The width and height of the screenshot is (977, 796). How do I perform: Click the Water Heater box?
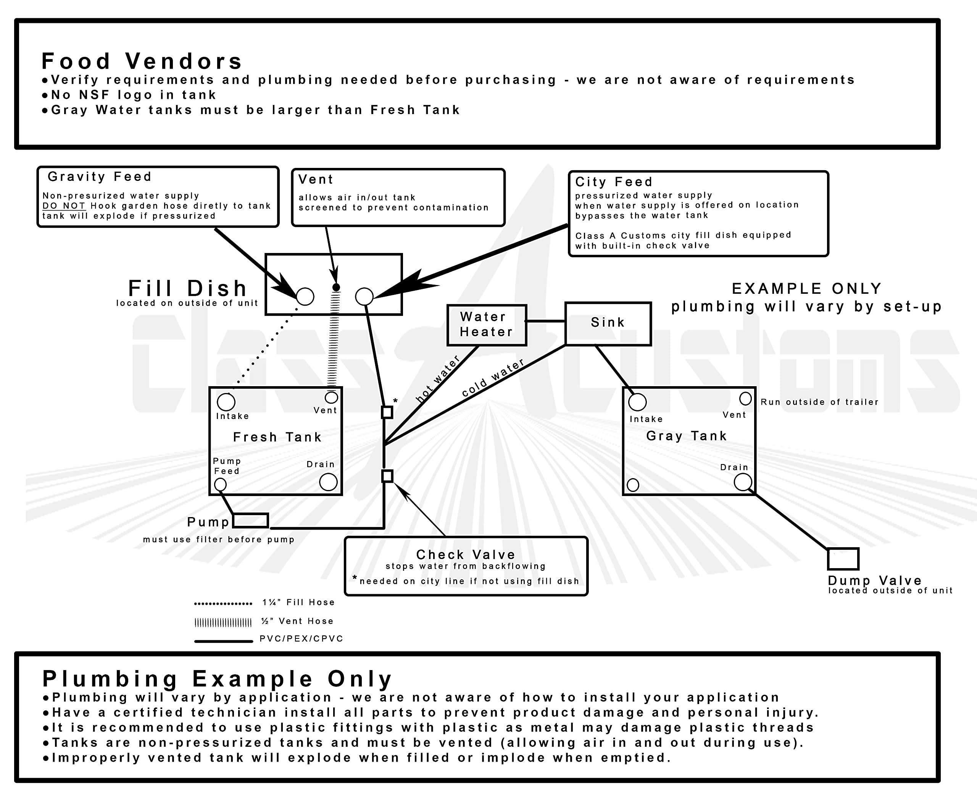tap(487, 325)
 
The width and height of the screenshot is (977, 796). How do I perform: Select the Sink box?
tap(608, 323)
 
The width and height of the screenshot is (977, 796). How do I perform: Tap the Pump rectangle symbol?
tap(250, 520)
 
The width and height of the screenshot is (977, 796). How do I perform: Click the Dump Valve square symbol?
tap(843, 559)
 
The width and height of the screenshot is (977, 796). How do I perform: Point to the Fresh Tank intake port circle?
tap(226, 402)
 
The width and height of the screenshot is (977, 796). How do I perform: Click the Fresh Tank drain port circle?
tap(328, 482)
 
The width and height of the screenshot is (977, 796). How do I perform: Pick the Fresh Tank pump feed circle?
tap(221, 484)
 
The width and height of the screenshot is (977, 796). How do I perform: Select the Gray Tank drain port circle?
tap(743, 482)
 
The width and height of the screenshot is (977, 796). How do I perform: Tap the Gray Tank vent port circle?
tap(745, 398)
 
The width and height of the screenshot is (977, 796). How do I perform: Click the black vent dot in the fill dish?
tap(336, 287)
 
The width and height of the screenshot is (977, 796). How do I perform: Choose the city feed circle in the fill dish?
tap(364, 296)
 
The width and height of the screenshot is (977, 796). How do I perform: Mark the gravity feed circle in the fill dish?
tap(305, 296)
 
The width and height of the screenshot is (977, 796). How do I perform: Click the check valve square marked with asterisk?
tap(387, 412)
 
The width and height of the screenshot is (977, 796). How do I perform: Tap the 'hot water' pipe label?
tap(437, 379)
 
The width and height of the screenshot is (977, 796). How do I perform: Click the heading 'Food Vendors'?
tap(142, 61)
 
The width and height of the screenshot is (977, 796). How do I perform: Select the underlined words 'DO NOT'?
tap(64, 206)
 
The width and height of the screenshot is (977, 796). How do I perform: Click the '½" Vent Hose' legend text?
tap(297, 621)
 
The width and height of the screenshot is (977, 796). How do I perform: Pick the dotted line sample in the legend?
tap(223, 603)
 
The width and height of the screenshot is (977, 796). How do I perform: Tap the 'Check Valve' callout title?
tap(465, 554)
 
